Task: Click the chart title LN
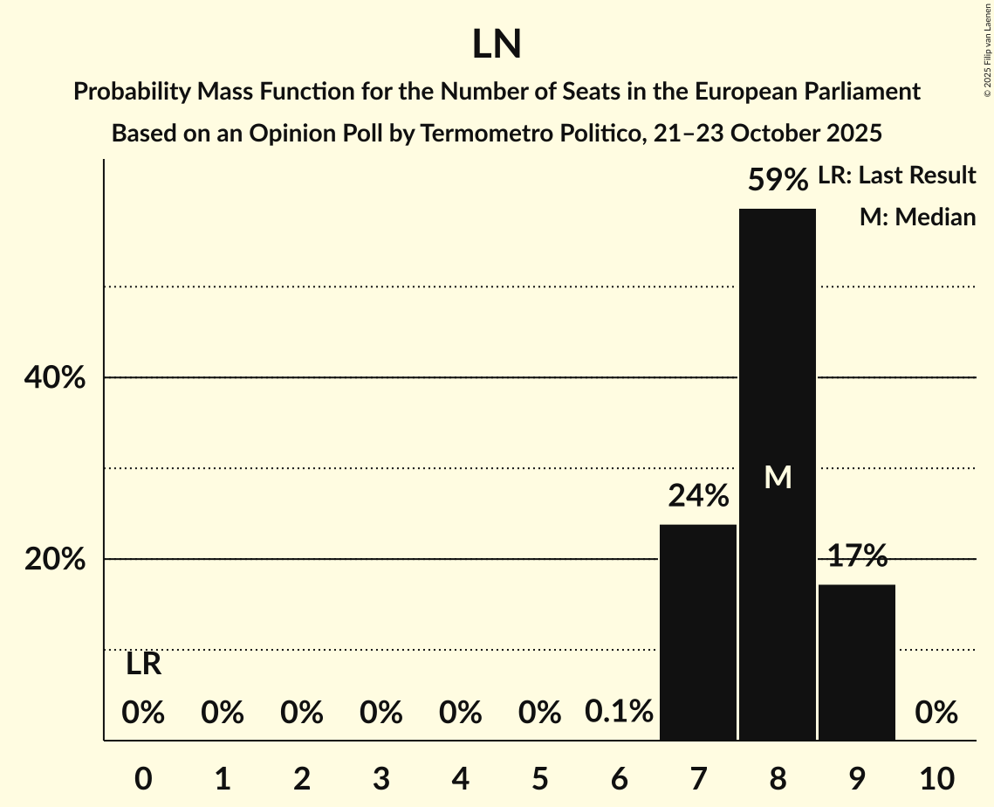497,45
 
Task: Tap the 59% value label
778,181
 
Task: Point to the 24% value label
698,497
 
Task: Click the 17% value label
857,555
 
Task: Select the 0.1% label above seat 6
619,713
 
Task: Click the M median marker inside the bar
778,477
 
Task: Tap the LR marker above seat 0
143,665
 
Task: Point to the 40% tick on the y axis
54,378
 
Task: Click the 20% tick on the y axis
54,560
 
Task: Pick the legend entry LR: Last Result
896,176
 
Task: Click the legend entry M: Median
917,217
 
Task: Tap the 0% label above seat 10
936,714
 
